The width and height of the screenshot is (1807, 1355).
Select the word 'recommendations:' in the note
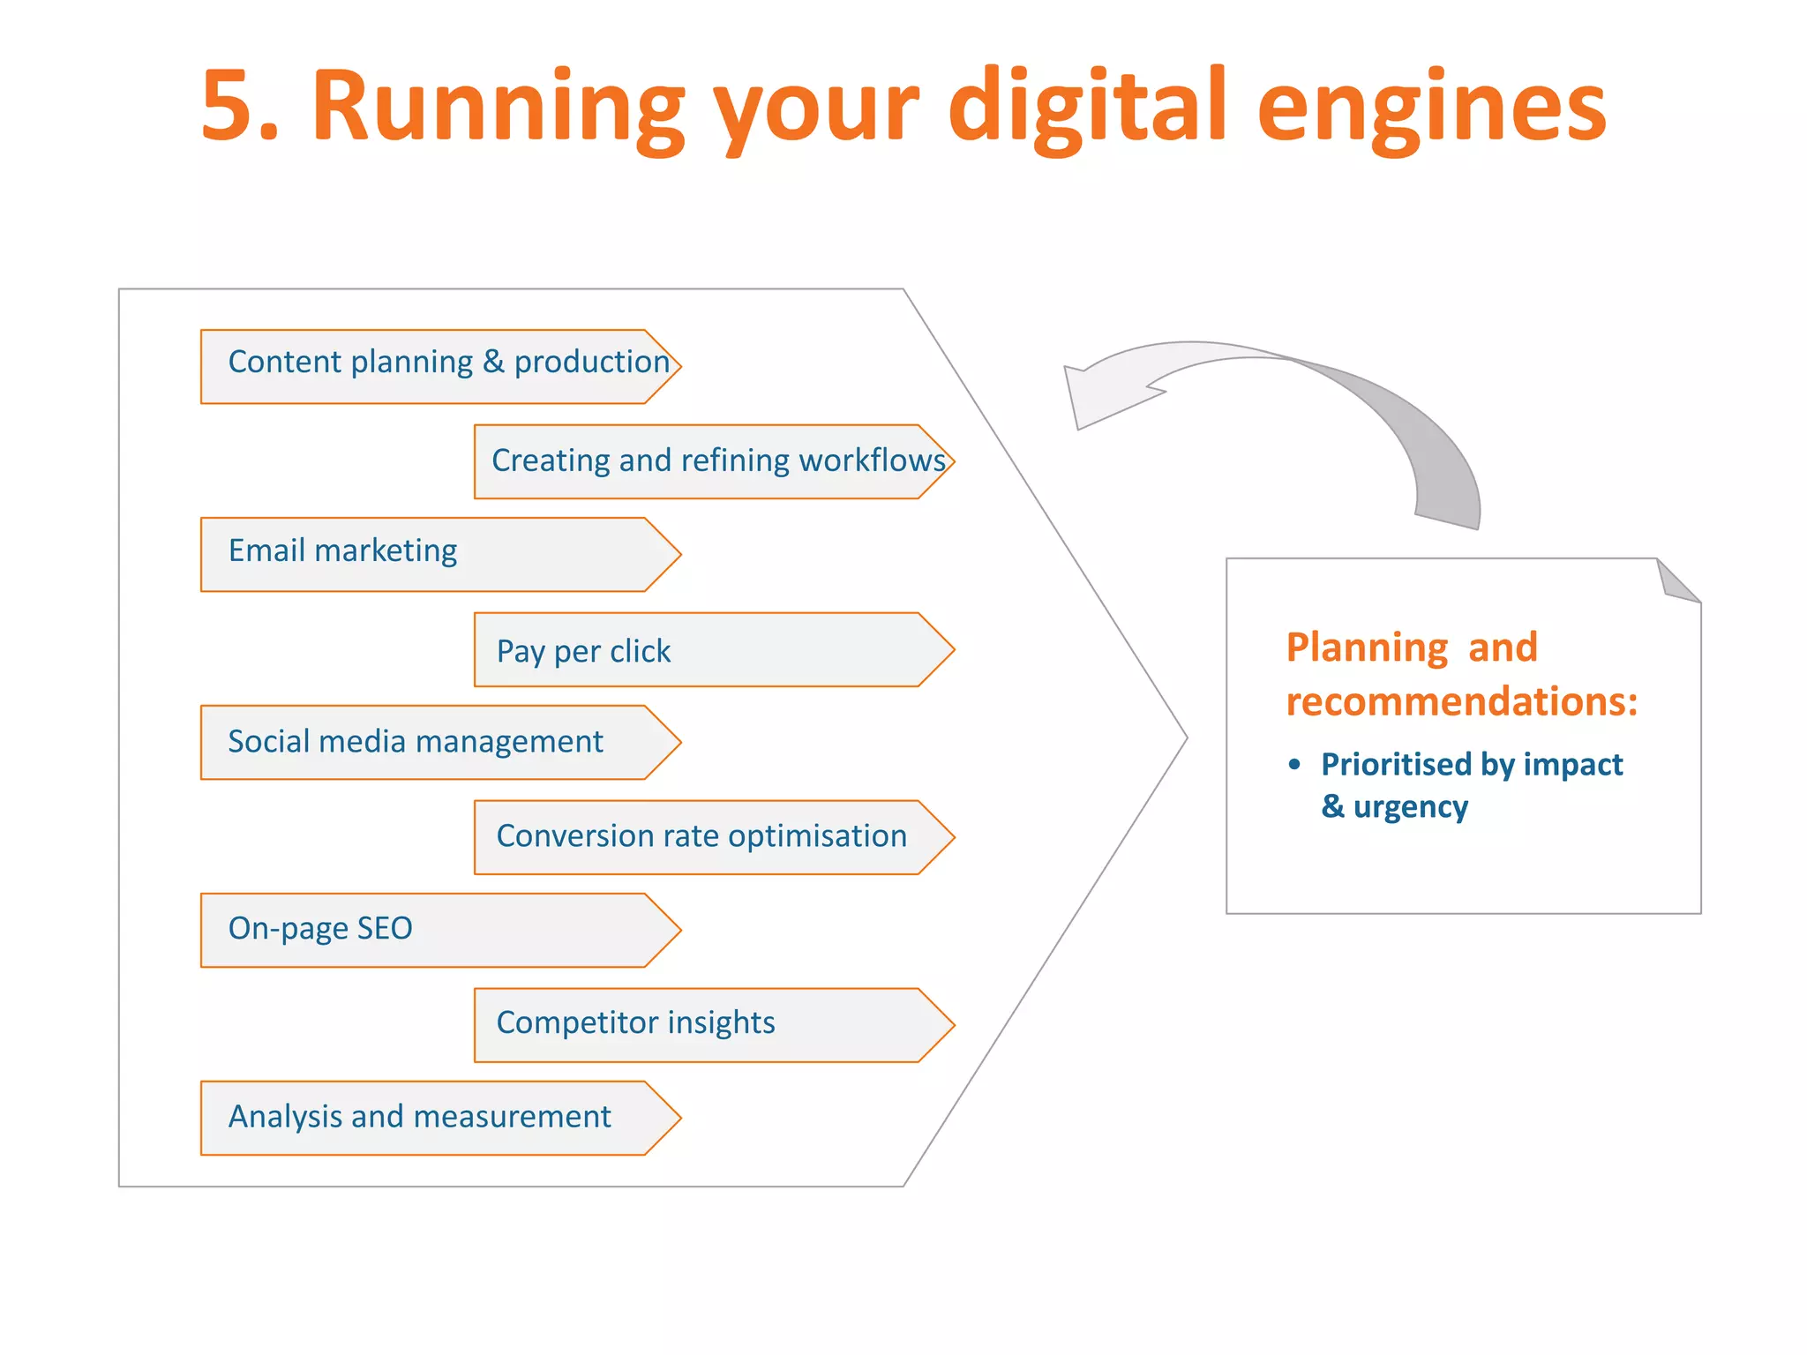pos(1461,702)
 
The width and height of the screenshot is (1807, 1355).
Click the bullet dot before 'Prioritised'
pos(1294,764)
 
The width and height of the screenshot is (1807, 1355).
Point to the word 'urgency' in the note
pos(1410,807)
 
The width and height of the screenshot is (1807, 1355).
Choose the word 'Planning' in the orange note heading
pos(1366,648)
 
